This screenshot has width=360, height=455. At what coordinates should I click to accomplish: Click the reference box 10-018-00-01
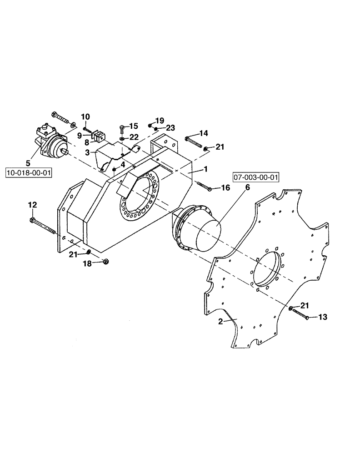pos(28,173)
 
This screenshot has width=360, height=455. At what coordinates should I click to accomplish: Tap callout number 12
pos(33,205)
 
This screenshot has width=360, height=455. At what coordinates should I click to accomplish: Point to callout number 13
pos(322,317)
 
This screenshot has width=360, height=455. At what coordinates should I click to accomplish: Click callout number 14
pos(203,133)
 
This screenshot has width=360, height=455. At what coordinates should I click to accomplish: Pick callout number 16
pos(225,187)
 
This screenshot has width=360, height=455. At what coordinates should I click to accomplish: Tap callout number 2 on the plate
pos(220,321)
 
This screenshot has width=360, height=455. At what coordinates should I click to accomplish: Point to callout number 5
pos(28,162)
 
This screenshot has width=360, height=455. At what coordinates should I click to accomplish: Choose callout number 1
pos(205,169)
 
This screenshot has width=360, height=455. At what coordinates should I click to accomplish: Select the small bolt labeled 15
pos(121,130)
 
